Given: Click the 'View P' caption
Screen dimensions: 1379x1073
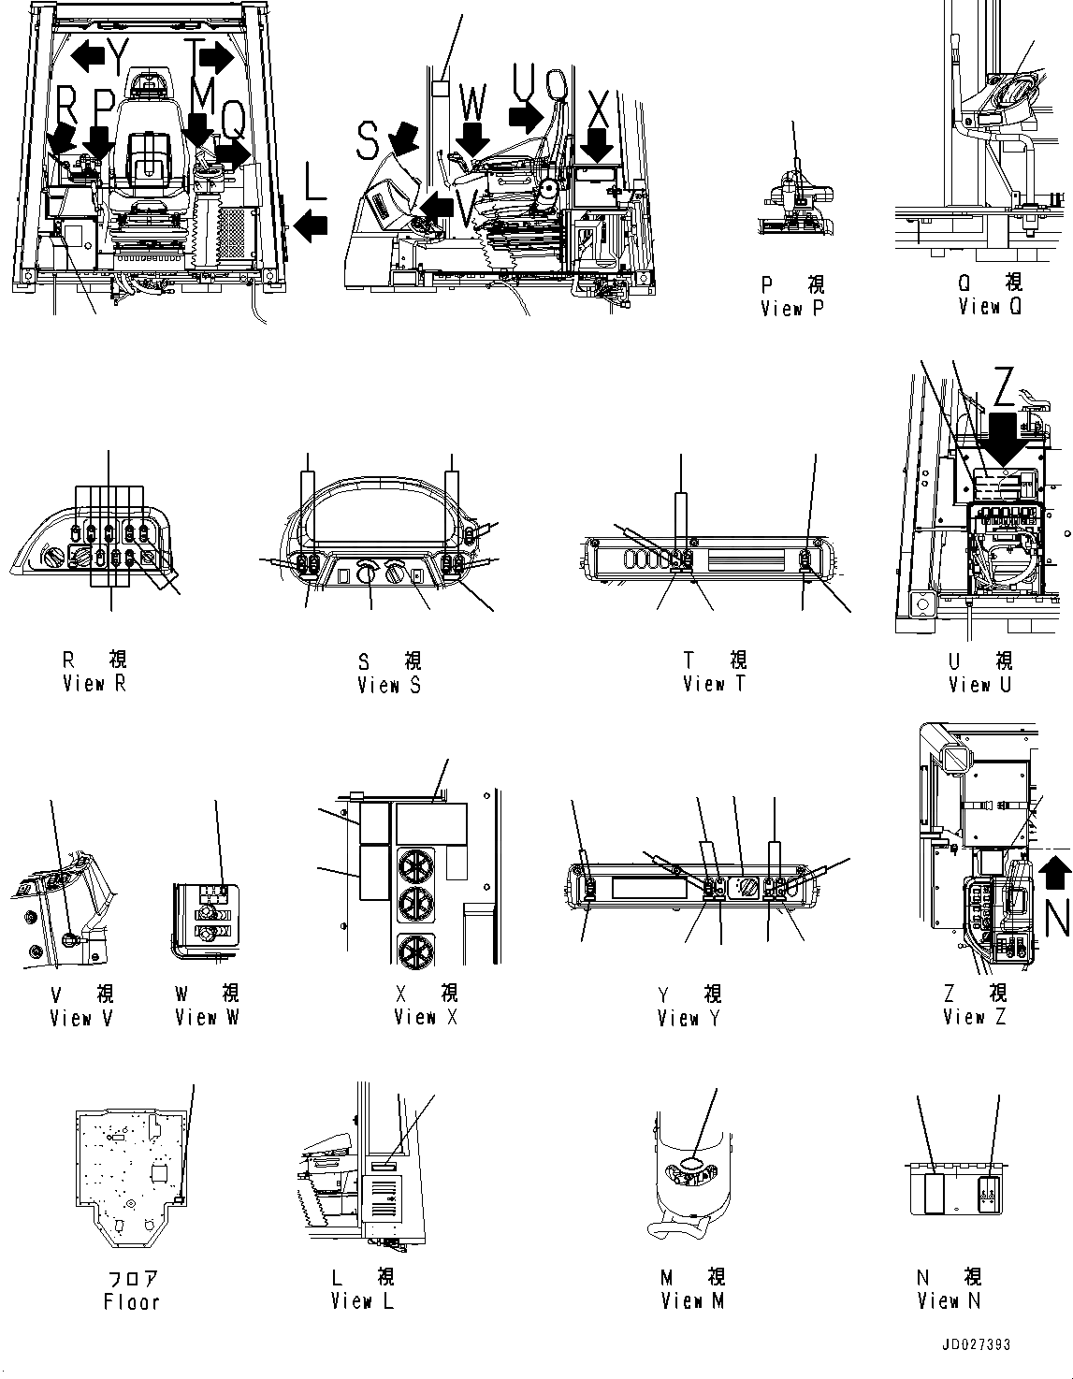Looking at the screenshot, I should (791, 309).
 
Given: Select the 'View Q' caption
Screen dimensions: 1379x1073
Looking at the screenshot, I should (992, 306).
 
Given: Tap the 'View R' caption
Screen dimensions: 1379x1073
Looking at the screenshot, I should (94, 683).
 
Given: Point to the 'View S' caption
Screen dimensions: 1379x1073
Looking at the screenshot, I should (389, 685).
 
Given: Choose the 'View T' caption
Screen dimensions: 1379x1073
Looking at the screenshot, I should (715, 684).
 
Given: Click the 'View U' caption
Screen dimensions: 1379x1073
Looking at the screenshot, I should (979, 684).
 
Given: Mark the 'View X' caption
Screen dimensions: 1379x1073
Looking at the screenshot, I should (426, 1017).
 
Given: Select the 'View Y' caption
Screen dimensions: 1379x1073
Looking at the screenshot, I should (689, 1018).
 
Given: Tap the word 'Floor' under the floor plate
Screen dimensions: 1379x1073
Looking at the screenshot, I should (131, 1301).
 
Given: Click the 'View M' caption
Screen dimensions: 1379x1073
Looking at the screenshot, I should (693, 1300).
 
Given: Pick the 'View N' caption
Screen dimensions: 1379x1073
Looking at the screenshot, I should (950, 1300).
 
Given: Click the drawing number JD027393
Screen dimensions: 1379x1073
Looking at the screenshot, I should (977, 1345).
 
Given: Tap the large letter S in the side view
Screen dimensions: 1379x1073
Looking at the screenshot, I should (369, 142).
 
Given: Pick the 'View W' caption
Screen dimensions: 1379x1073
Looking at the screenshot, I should (208, 1017).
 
